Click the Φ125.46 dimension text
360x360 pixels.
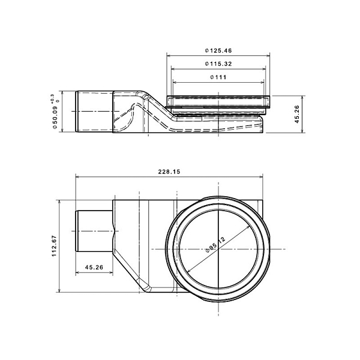click(x=218, y=50)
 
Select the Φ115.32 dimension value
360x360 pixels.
click(x=218, y=64)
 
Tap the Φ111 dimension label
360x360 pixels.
click(x=218, y=77)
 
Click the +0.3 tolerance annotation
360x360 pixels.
click(x=55, y=98)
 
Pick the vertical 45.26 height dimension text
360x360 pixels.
click(x=297, y=114)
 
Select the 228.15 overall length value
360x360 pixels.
click(x=169, y=172)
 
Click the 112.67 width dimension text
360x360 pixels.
click(x=54, y=246)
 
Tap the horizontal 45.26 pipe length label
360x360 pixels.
click(x=94, y=267)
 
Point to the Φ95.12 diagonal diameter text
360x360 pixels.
click(x=215, y=245)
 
